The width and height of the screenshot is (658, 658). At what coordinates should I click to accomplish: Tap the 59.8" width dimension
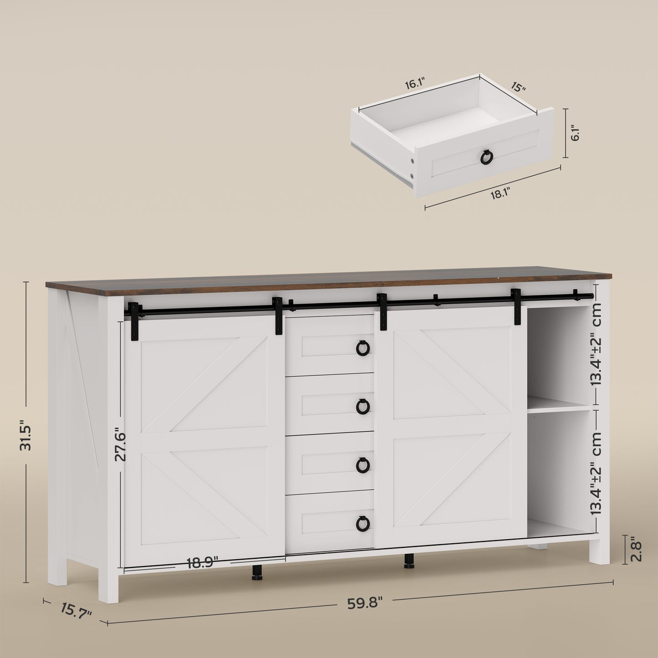point(364,603)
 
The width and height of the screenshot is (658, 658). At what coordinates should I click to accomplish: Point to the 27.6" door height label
point(120,444)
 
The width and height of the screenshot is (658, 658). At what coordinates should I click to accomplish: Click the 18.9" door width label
point(202,563)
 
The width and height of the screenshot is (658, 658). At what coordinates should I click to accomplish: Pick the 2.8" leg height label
point(636,551)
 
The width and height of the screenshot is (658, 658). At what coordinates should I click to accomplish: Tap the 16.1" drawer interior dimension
point(414,84)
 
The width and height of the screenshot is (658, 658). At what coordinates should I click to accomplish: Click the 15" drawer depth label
point(518,87)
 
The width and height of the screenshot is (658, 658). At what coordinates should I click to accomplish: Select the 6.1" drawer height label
point(575,133)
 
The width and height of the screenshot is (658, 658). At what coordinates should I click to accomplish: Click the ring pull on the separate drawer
point(486,158)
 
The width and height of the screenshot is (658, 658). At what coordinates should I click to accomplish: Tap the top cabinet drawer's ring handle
point(363,348)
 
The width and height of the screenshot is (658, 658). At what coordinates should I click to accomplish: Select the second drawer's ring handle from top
point(363,406)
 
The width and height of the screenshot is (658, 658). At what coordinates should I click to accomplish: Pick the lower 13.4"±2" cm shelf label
point(597,474)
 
